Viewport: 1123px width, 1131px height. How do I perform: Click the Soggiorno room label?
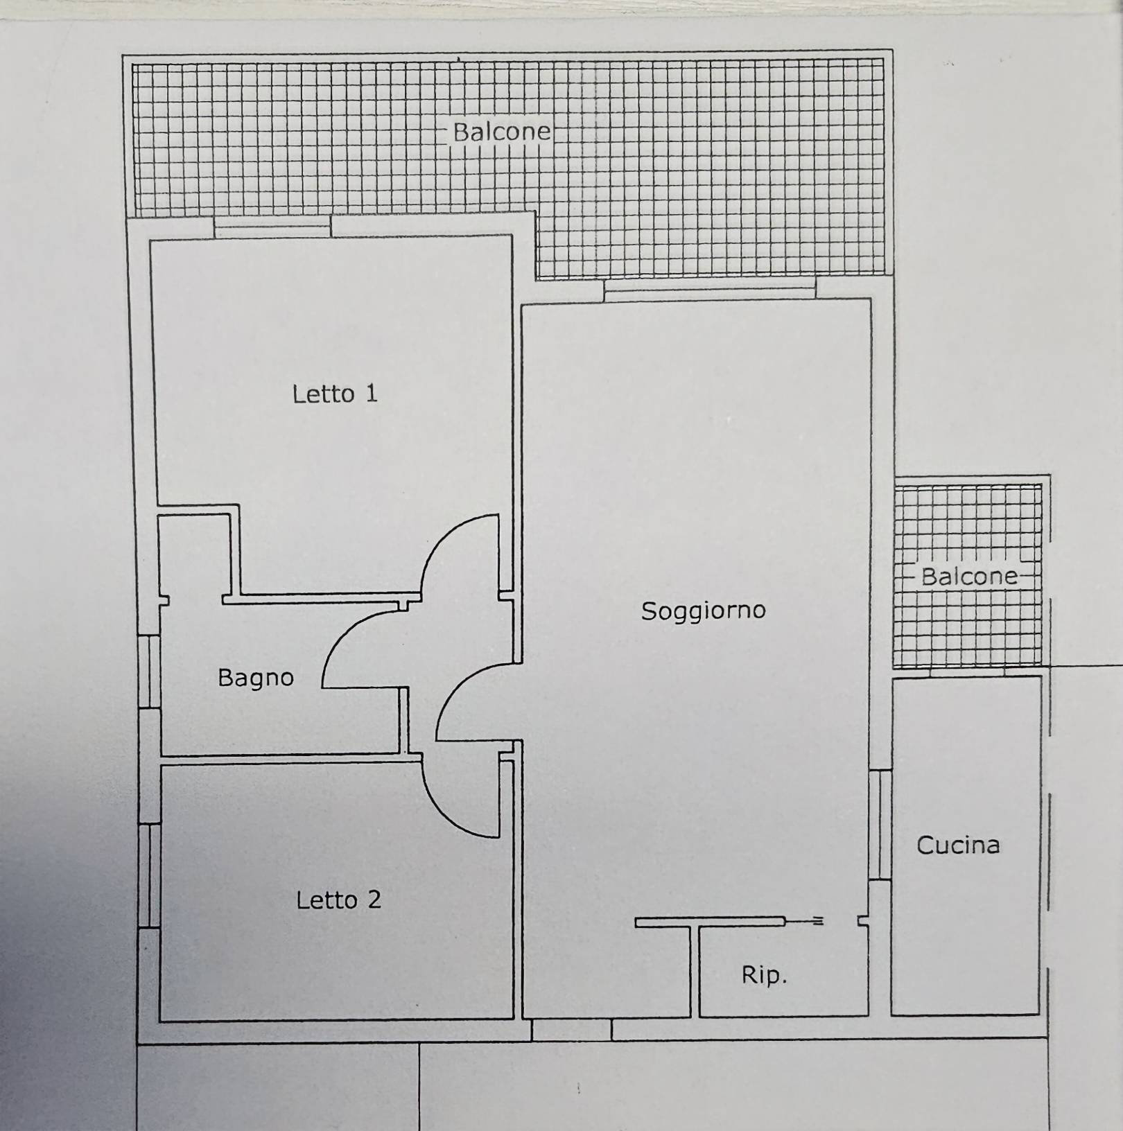[703, 611]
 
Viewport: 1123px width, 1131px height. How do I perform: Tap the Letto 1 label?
[335, 394]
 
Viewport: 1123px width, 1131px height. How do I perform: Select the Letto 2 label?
[338, 900]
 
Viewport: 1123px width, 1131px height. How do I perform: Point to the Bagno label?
[256, 677]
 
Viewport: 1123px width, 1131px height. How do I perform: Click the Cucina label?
[958, 845]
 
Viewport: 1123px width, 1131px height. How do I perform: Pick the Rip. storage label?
[764, 975]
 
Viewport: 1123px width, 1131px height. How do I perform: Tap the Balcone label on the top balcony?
[502, 132]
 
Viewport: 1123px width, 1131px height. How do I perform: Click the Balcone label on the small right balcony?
[969, 576]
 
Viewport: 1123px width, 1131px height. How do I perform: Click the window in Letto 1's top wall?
[272, 227]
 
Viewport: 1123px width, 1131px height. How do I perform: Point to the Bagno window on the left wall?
[149, 671]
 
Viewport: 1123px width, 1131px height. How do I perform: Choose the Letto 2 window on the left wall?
[149, 875]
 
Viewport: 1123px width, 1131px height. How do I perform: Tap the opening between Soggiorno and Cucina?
[880, 825]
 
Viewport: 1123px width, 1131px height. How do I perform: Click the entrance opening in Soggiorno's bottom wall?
[571, 1029]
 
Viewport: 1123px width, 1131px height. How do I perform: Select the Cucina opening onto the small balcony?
[966, 672]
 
